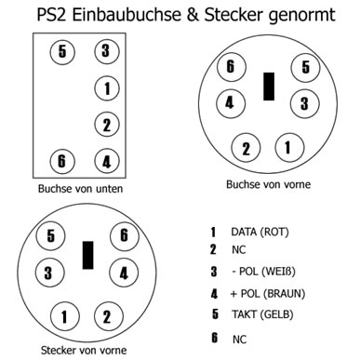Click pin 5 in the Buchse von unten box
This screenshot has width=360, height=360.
pos(62,50)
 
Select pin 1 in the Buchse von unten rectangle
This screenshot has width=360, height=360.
pos(106,88)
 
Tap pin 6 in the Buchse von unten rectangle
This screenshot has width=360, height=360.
pos(62,160)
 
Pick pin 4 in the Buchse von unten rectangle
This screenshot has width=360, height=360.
pos(106,160)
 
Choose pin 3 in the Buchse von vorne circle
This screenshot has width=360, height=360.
pos(301,101)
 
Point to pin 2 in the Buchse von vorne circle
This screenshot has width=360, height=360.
pos(247,147)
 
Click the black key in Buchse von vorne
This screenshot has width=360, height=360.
pos(268,85)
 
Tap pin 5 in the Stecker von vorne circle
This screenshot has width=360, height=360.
pos(53,236)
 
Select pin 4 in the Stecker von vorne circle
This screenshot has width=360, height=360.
pos(122,273)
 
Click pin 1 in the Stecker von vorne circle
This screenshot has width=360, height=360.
pos(65,316)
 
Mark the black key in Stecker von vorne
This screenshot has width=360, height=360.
pos(88,254)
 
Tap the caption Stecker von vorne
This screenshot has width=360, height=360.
pos(84,352)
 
